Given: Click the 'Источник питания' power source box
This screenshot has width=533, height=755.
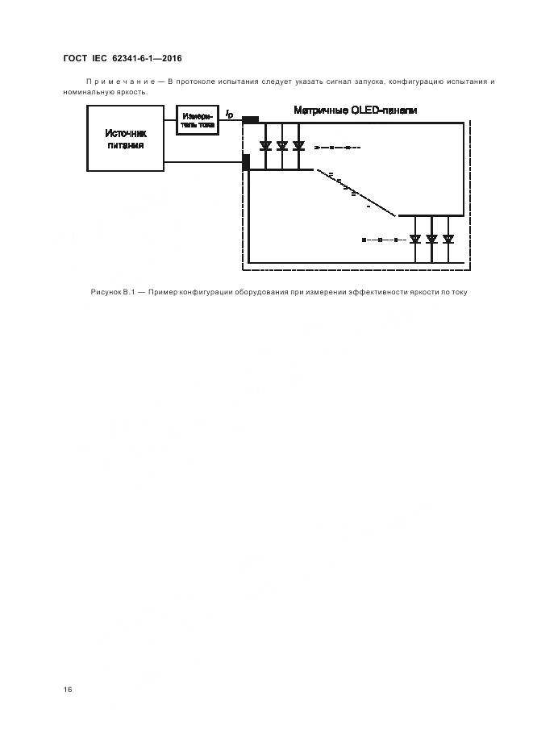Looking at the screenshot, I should coord(125,139).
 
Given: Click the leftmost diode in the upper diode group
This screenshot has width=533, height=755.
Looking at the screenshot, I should coord(264,146).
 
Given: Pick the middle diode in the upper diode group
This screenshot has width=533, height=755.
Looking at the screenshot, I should coord(281,146).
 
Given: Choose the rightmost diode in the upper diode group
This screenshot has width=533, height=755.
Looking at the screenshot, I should coord(298,146).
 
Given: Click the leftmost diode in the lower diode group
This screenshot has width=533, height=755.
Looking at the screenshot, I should coord(414,239).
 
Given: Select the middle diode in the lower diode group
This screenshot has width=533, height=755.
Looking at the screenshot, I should coord(431,239).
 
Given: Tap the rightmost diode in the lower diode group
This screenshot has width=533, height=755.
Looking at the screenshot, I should coord(448,239).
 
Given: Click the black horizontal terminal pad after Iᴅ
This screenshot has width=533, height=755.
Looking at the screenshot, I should coord(250,120).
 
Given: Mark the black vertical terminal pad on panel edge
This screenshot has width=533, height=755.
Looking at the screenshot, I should coord(246,161).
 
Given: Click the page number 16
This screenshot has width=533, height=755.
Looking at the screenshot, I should coord(68,690).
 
